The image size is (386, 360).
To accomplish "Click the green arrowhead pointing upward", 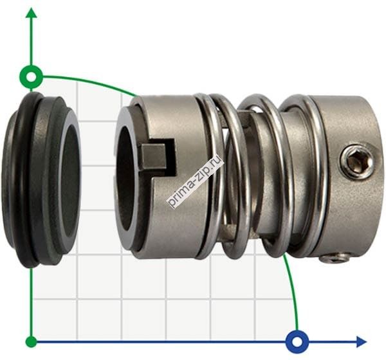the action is pyautogui.click(x=32, y=13).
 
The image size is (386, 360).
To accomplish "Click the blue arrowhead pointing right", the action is pyautogui.click(x=362, y=342).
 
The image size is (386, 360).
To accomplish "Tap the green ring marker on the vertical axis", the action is pyautogui.click(x=32, y=77).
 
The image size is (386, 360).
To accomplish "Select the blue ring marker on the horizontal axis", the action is pyautogui.click(x=297, y=342).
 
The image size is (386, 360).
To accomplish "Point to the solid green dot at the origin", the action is pyautogui.click(x=32, y=342).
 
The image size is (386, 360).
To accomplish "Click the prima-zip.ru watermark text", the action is pyautogui.click(x=195, y=181).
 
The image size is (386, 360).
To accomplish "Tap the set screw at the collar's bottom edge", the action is pyautogui.click(x=335, y=258).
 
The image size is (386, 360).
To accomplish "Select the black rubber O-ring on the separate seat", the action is pyautogui.click(x=23, y=179).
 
